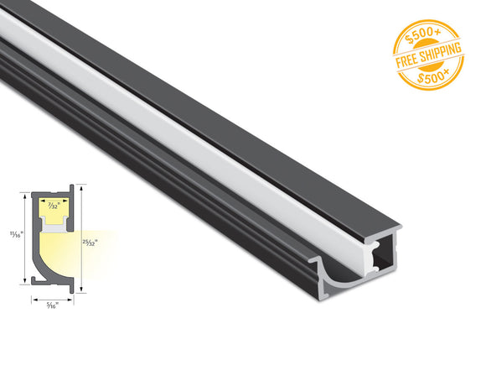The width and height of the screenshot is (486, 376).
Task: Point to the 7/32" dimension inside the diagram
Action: pos(54,206)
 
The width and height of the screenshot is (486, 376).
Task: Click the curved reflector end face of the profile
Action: pos(335,278)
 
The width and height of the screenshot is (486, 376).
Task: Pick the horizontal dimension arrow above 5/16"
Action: pos(53,296)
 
